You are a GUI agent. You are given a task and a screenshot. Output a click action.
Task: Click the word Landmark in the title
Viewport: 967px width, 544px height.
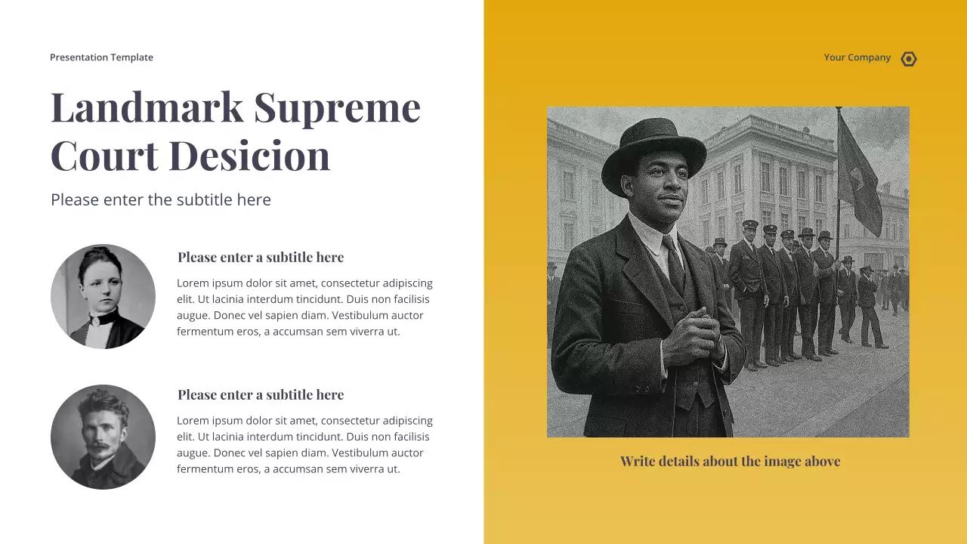pos(147,107)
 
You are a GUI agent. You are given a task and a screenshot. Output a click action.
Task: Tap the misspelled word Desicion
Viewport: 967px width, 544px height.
pos(249,156)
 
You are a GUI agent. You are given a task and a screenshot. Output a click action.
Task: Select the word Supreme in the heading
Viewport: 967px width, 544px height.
pos(337,107)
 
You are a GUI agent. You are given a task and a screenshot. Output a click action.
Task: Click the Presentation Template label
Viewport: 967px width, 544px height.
pos(101,57)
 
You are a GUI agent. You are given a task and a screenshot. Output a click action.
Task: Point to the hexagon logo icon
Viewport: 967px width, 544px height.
pos(909,59)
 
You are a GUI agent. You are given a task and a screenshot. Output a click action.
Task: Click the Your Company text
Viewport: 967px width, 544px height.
pos(857,57)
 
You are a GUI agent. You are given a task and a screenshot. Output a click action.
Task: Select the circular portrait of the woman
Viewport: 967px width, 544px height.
pos(103,296)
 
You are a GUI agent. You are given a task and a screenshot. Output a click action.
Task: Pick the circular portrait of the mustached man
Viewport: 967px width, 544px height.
pos(103,437)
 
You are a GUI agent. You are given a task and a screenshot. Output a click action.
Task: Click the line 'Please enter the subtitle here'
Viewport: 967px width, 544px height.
pos(161,199)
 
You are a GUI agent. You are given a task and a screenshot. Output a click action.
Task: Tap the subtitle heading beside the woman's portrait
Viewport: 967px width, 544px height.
pos(261,258)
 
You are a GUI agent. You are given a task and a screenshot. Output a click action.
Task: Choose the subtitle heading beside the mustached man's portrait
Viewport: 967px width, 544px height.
pos(261,395)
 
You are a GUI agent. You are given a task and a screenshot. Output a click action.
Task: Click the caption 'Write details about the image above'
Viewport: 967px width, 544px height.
pos(730,461)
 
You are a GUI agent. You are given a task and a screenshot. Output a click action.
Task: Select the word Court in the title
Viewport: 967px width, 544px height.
pos(104,156)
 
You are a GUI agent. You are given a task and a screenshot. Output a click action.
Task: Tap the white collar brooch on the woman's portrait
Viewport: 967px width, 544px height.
pos(96,320)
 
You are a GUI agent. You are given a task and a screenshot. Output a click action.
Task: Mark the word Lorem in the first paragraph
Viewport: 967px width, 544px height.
pos(193,283)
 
